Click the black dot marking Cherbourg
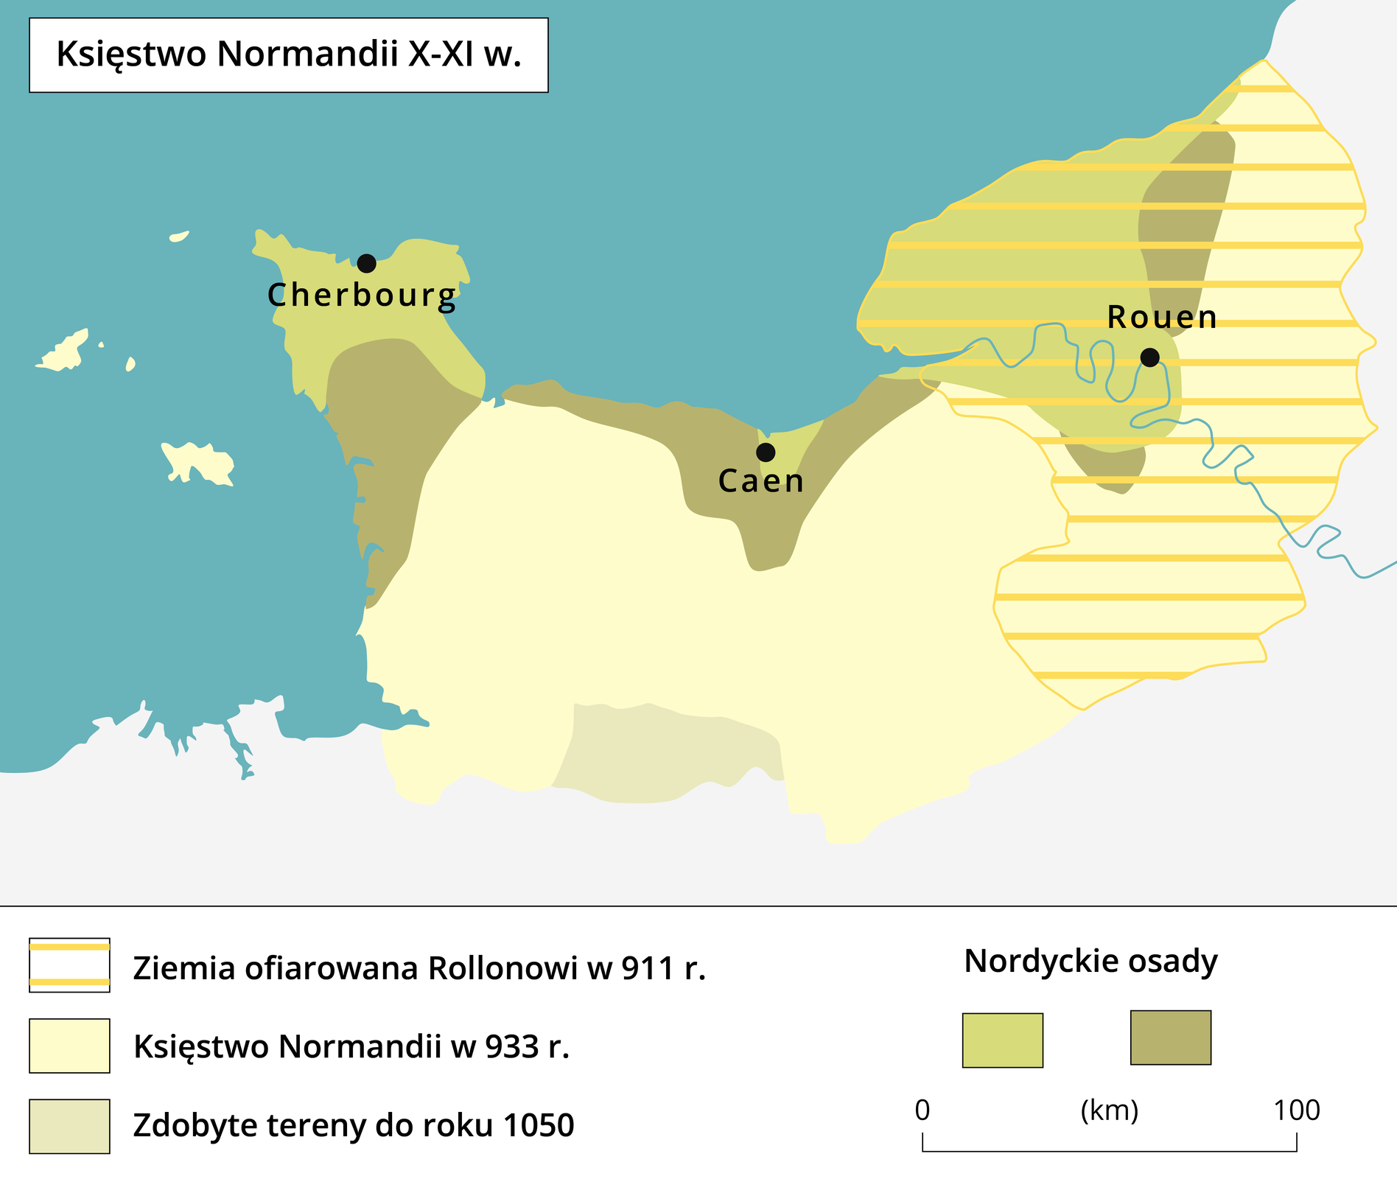[x=366, y=263]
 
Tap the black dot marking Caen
[x=766, y=452]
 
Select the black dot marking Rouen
[x=1149, y=357]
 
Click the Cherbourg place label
[x=362, y=295]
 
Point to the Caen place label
[x=761, y=481]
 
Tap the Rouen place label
[x=1162, y=318]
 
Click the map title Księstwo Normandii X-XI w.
[x=289, y=55]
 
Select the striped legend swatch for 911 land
[x=69, y=965]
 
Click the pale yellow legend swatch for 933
[x=69, y=1046]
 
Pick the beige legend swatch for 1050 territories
[x=69, y=1126]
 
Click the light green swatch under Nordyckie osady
[x=1002, y=1040]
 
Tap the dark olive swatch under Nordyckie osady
[x=1170, y=1038]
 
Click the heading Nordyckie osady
[x=1090, y=961]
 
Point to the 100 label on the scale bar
[x=1297, y=1110]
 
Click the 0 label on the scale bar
[x=922, y=1110]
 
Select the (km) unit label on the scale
[x=1109, y=1110]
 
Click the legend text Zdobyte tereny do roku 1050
[x=354, y=1126]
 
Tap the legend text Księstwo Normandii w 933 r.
[x=351, y=1046]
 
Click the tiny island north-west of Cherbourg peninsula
[x=179, y=237]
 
